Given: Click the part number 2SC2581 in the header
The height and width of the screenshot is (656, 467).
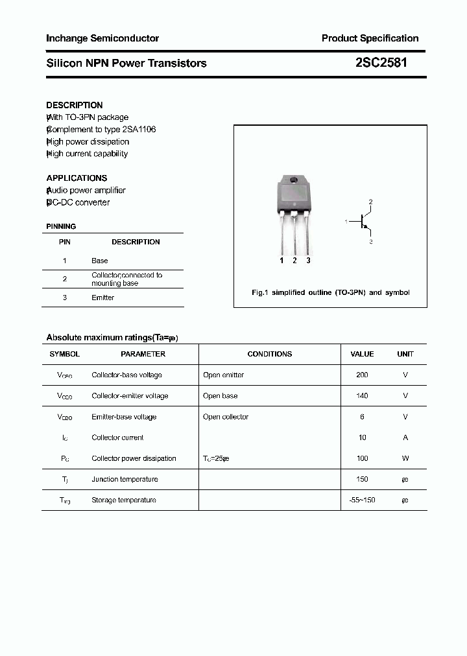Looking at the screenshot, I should tap(381, 63).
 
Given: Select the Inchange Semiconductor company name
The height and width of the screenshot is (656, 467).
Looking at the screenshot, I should tap(102, 38).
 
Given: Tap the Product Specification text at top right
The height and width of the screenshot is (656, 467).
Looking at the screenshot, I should tap(370, 38).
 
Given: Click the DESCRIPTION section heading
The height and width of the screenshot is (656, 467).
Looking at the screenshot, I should tap(75, 105).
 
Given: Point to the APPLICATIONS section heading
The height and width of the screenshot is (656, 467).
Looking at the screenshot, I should tap(77, 178).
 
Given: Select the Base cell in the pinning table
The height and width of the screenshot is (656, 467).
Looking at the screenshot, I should tap(100, 261).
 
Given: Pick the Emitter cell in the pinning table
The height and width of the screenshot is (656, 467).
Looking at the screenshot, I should tap(102, 298).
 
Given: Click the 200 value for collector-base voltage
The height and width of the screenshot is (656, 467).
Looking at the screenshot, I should tap(362, 375).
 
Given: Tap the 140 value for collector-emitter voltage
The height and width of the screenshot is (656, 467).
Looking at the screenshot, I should tap(362, 395).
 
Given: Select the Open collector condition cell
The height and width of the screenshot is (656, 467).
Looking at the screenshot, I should tap(226, 417).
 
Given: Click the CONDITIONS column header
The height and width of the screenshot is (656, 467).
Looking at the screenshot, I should tap(270, 354).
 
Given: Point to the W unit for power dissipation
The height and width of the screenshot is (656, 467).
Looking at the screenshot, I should tap(405, 458).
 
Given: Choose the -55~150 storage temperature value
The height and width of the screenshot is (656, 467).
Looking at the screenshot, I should tap(362, 500).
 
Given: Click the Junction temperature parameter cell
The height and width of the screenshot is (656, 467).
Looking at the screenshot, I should tap(125, 479).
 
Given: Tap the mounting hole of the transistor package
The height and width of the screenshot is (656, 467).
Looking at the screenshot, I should tap(294, 180).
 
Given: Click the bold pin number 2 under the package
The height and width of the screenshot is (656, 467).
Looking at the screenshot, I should tap(294, 261).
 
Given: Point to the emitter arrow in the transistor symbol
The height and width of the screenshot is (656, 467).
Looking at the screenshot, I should tap(367, 229).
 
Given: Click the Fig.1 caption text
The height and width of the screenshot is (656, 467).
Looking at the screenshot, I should tap(330, 292).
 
